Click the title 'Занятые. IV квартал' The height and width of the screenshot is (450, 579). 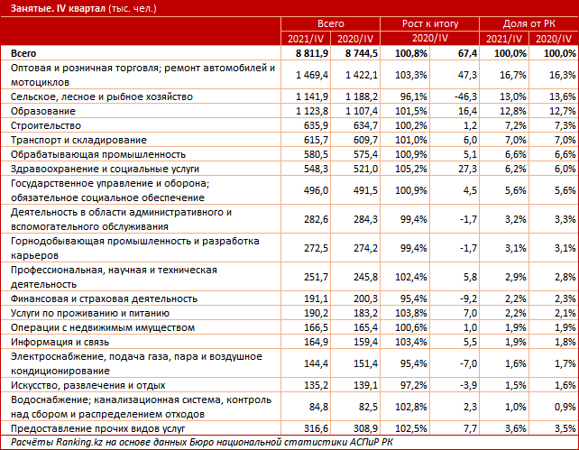(54, 9)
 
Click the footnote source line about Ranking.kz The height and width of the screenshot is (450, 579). (198, 442)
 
